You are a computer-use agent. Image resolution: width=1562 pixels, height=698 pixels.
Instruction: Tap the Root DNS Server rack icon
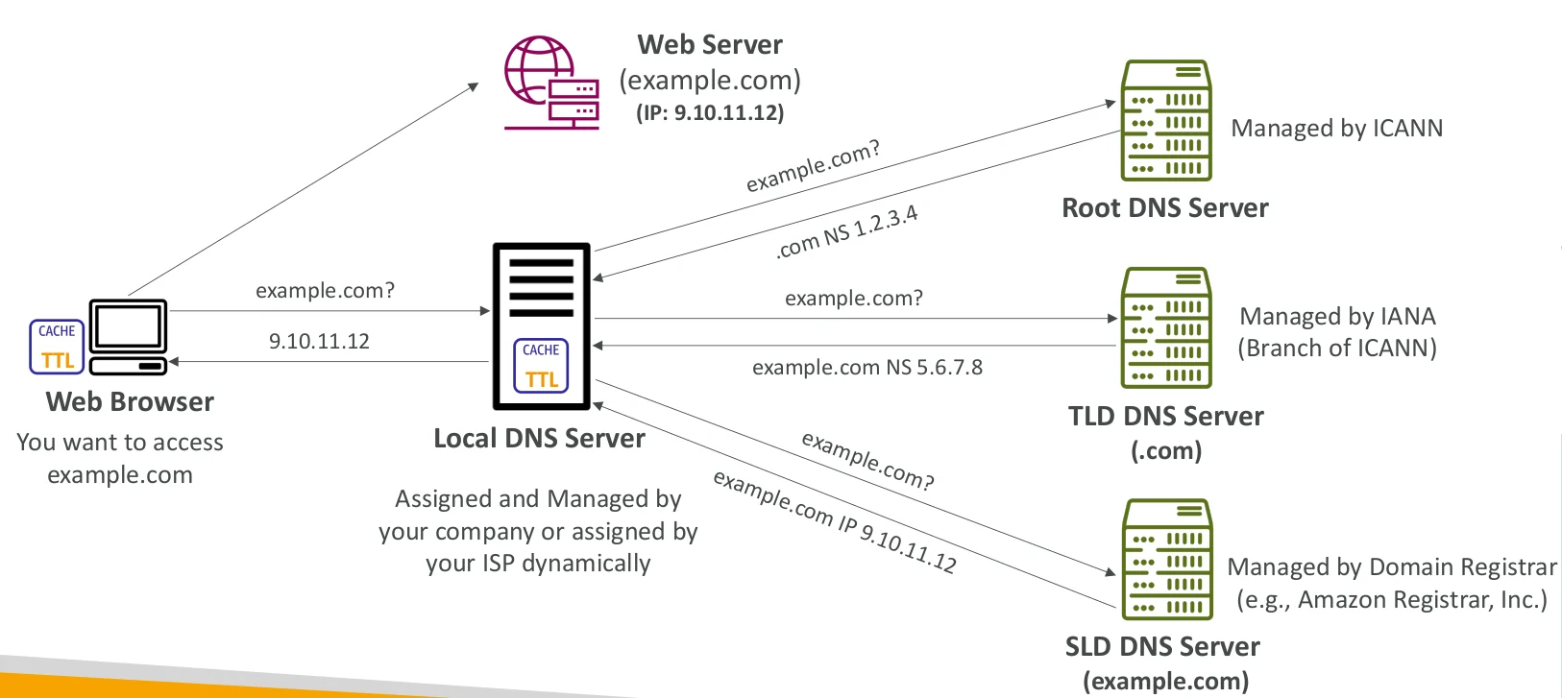coord(1166,121)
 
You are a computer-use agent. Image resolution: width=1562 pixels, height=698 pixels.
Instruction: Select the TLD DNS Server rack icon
coord(1166,327)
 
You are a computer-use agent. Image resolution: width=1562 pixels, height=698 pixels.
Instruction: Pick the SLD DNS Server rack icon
coord(1167,559)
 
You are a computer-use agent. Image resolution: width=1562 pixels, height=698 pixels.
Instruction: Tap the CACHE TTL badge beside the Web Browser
coord(57,347)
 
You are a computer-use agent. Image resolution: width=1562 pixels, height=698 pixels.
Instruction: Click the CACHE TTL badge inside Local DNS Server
coord(541,366)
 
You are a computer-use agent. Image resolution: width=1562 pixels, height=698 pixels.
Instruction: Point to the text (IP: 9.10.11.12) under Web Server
coord(710,113)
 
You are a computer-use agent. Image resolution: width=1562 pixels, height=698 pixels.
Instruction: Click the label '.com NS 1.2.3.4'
coord(846,232)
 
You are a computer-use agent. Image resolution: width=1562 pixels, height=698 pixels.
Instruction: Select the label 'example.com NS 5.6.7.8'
coord(866,368)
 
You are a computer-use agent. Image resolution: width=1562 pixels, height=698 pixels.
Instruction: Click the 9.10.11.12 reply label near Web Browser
coord(319,342)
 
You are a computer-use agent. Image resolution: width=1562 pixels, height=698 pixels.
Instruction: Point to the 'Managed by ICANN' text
coord(1336,129)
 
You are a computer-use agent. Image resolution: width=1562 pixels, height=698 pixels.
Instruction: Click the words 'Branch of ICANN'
coord(1337,349)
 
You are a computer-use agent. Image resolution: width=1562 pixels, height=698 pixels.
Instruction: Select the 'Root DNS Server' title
coord(1164,208)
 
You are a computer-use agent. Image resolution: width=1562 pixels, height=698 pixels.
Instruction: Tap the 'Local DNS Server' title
coord(539,439)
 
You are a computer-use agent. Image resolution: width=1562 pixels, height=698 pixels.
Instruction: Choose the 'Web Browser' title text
coord(130,402)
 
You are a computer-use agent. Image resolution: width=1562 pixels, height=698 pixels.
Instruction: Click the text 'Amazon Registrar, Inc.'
coord(1422,600)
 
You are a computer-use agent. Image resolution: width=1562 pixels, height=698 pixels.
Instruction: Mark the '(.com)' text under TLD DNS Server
coord(1166,451)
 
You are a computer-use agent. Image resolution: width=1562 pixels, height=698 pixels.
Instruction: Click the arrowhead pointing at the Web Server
coord(474,86)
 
